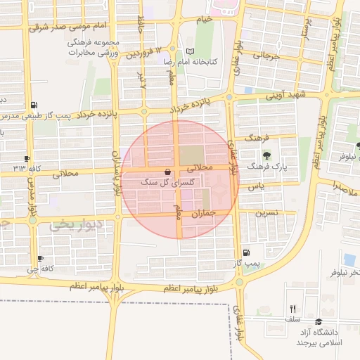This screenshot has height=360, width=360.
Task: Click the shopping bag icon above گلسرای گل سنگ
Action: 167,172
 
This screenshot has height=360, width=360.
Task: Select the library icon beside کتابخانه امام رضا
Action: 189,51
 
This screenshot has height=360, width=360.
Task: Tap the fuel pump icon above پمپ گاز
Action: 245,253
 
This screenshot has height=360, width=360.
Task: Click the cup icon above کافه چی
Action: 40,258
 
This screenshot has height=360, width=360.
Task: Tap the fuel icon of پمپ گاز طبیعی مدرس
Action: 34,104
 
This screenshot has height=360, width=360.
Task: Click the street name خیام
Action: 204,20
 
